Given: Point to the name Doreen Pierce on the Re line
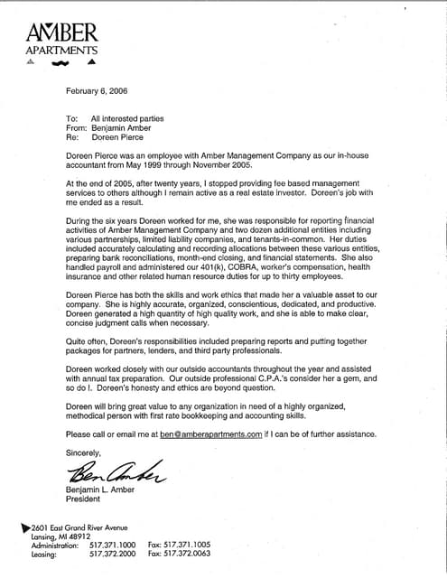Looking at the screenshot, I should [x=118, y=138].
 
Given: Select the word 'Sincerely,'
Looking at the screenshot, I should [x=84, y=452].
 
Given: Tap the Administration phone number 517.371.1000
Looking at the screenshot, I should [x=113, y=545].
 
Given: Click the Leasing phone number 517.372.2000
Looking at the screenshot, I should [x=113, y=555].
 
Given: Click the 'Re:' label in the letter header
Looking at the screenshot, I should [x=72, y=138].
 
